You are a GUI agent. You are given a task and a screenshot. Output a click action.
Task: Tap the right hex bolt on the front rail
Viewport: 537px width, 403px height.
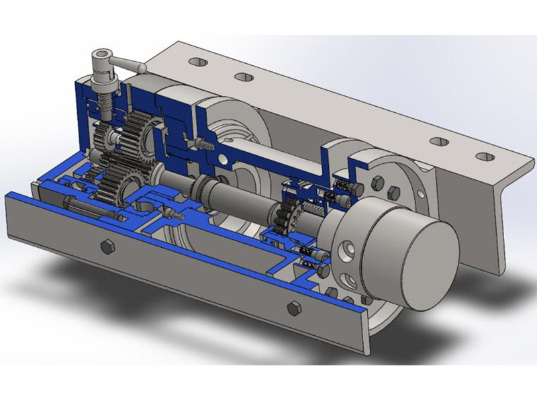[x=293, y=308]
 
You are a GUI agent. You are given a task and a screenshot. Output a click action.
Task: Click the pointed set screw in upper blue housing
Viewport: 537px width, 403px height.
[x=202, y=144]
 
